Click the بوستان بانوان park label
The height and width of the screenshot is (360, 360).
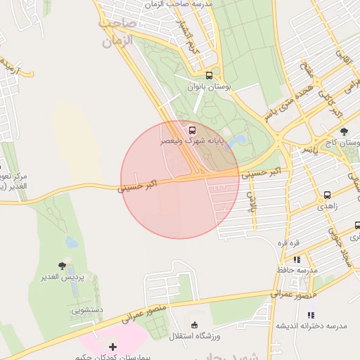click(209, 86)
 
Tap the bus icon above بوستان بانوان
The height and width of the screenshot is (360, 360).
click(209, 75)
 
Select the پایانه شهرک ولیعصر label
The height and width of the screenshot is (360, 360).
click(191, 141)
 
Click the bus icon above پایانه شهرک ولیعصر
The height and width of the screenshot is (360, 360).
click(192, 130)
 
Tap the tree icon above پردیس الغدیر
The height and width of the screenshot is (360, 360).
click(62, 266)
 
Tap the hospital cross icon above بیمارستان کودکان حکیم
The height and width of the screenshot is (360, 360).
click(112, 347)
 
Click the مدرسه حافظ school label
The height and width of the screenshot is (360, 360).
click(297, 270)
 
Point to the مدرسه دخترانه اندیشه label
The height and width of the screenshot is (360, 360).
click(311, 326)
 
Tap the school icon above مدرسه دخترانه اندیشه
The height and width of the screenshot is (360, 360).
click(311, 314)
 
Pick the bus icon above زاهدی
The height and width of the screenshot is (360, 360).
click(328, 195)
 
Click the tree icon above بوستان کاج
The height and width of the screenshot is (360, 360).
click(344, 131)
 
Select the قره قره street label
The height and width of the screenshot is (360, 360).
click(288, 243)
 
